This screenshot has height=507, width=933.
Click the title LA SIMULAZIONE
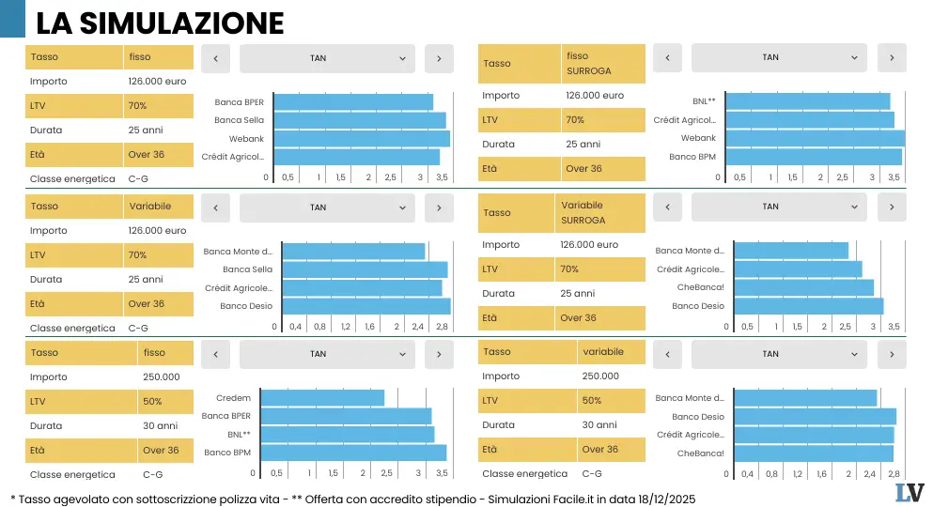[159, 22]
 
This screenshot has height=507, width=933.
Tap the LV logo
[909, 492]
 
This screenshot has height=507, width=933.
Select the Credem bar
[322, 398]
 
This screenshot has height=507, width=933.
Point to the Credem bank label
[233, 398]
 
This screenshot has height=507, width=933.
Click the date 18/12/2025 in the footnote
[663, 497]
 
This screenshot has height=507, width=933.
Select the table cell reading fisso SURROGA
[603, 63]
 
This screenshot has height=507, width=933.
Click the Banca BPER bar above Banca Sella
[357, 101]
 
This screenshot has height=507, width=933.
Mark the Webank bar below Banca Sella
[365, 138]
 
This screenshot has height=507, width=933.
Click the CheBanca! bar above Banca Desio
[803, 287]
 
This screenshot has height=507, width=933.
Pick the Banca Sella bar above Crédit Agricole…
[365, 269]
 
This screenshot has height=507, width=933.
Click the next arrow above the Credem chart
[439, 354]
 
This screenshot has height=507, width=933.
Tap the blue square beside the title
[12, 20]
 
